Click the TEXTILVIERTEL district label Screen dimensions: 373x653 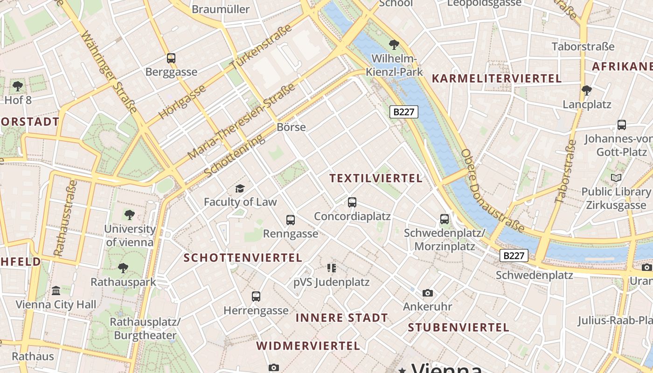point(376,178)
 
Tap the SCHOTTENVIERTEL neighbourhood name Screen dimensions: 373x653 point(243,258)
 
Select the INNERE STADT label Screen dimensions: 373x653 point(342,318)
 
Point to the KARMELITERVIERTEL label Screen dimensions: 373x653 point(497,78)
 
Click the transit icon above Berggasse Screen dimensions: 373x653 point(171,58)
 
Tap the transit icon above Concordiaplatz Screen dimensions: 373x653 point(352,202)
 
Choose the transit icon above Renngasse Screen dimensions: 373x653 point(291,220)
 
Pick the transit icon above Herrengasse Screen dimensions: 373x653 point(256,296)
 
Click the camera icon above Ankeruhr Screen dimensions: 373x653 point(427,293)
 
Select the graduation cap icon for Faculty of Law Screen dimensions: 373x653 point(240,188)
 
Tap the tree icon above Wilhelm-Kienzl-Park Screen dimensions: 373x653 point(394,45)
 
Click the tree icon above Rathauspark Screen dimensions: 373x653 point(123,268)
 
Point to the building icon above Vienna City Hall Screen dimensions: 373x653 point(56,290)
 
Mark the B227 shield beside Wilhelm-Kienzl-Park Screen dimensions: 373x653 point(404,112)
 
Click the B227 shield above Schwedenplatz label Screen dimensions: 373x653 point(514,256)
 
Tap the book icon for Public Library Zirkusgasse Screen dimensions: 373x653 point(616,178)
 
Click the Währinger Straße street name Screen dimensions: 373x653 point(110,72)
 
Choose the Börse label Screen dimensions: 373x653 point(291,127)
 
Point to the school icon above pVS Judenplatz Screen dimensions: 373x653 point(332,268)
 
